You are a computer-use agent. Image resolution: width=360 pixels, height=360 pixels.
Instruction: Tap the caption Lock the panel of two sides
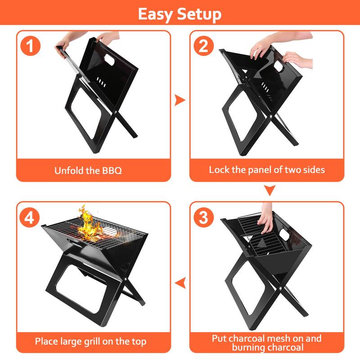pos(267,170)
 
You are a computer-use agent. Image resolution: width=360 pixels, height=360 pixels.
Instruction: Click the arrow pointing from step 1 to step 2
pos(180,100)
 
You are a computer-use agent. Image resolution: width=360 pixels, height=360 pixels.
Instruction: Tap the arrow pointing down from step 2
pos(269,191)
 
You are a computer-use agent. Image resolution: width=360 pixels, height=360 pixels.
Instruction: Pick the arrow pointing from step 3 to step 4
pos(180,283)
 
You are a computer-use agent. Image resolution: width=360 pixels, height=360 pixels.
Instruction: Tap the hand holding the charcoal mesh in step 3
pos(266,218)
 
